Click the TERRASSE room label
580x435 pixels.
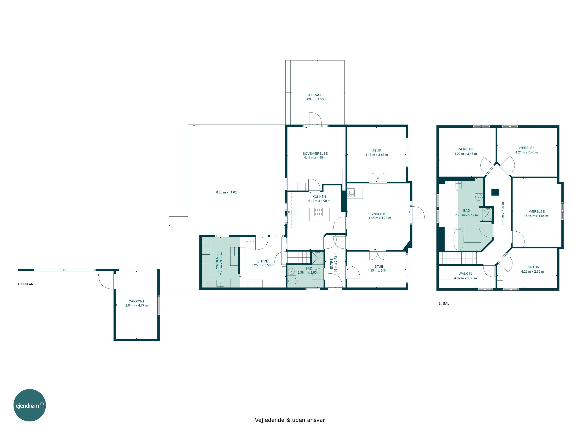(x=316, y=95)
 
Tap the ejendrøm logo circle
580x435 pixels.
(x=30, y=405)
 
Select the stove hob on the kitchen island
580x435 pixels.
(x=319, y=212)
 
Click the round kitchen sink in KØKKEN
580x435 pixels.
(x=292, y=212)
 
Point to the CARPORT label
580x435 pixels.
(x=136, y=301)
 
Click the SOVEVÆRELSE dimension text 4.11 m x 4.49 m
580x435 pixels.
(x=315, y=158)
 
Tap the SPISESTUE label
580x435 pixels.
(x=379, y=214)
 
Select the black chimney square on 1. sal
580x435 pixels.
(x=495, y=192)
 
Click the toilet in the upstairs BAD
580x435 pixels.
(x=458, y=186)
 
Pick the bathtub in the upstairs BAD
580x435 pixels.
(x=459, y=239)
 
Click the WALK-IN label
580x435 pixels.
(x=465, y=274)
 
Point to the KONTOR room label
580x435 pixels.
(x=532, y=267)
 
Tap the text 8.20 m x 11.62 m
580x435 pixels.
(x=228, y=192)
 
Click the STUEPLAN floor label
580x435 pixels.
(x=25, y=284)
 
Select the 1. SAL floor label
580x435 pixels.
(x=444, y=303)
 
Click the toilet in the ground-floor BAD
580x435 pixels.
(x=293, y=281)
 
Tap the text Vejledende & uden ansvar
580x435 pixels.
(x=290, y=420)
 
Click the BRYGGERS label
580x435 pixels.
(x=217, y=263)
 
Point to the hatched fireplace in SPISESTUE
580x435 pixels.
(x=351, y=192)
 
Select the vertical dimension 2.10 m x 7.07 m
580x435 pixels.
(x=503, y=213)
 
